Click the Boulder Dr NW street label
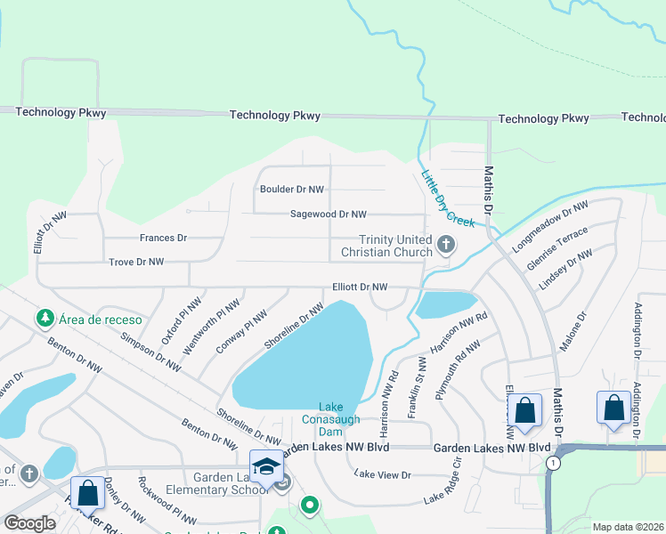click(292, 190)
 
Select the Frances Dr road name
click(163, 239)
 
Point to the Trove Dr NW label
click(136, 262)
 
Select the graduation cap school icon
click(266, 465)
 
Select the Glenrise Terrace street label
click(557, 247)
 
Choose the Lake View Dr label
click(383, 475)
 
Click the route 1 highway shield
click(555, 463)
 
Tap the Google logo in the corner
click(29, 522)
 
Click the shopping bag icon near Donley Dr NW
click(87, 492)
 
